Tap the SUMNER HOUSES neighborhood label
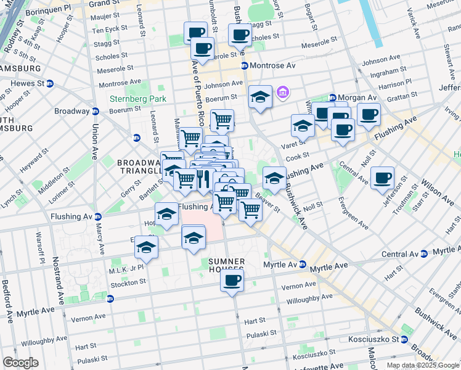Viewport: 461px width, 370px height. tap(226, 266)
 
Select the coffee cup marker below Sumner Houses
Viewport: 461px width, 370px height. tap(232, 281)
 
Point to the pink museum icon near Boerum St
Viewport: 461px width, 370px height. tap(283, 93)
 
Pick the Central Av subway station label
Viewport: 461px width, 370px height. tap(401, 253)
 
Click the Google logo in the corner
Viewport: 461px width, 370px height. tap(20, 362)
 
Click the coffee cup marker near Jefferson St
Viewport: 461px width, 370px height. tap(382, 178)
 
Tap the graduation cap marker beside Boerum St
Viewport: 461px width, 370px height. tap(261, 97)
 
